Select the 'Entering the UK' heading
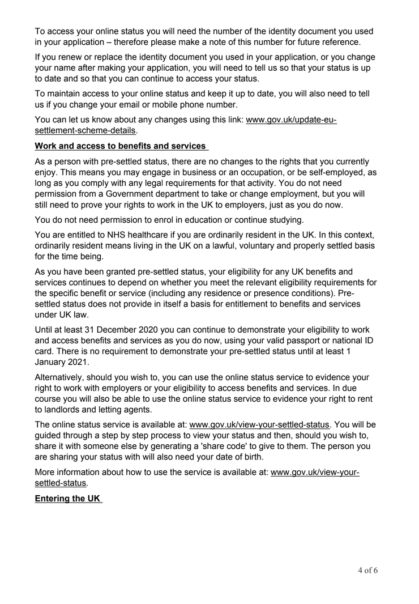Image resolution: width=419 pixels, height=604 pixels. point(67,499)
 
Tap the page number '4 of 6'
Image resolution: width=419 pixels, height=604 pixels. point(364,570)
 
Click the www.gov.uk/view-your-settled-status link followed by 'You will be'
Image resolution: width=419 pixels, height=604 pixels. point(259,424)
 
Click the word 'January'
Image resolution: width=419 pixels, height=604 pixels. point(54,363)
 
